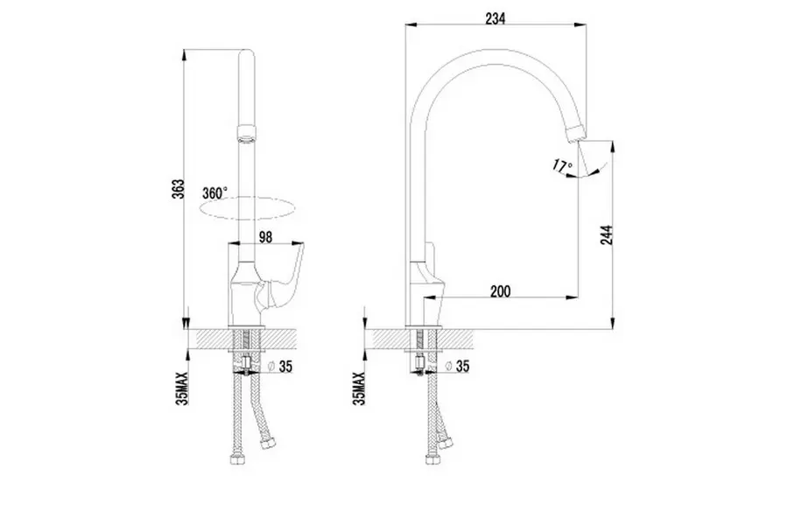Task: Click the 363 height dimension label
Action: (178, 189)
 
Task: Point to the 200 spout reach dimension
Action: (500, 291)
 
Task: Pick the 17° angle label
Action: (562, 164)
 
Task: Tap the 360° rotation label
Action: (215, 192)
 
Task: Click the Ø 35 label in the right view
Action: (458, 367)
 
